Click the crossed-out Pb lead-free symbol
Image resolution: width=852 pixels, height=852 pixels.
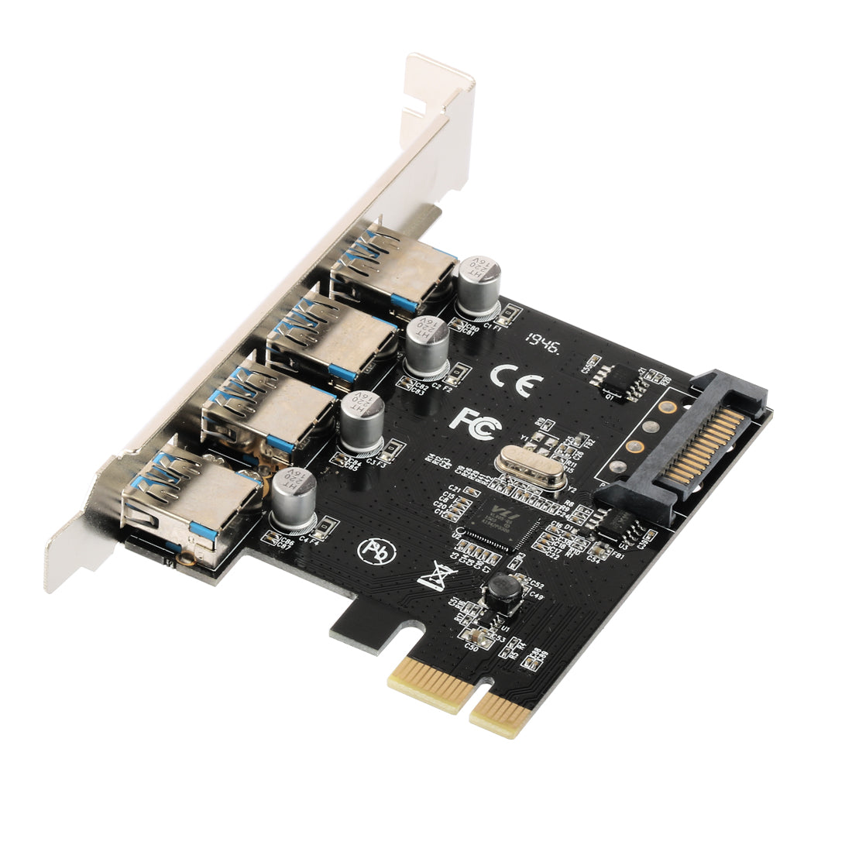pyautogui.click(x=373, y=549)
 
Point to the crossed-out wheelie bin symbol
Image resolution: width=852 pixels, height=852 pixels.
pyautogui.click(x=434, y=577)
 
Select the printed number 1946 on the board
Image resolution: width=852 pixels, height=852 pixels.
pyautogui.click(x=543, y=341)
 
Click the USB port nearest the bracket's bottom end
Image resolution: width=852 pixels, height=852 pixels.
pyautogui.click(x=190, y=502)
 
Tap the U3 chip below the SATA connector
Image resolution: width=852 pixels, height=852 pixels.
pyautogui.click(x=616, y=525)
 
